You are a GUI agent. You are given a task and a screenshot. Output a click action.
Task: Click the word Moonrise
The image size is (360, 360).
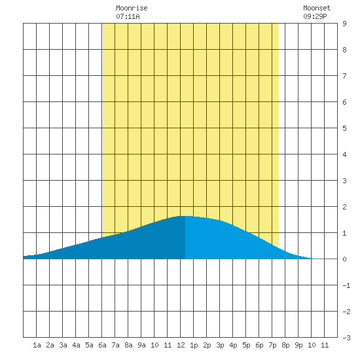[132, 8]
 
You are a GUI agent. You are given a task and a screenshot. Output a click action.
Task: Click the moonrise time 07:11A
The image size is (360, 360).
[128, 16]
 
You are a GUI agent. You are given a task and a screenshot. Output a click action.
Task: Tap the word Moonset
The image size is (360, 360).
[317, 8]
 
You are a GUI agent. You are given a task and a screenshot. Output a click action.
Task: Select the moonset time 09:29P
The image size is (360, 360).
[315, 16]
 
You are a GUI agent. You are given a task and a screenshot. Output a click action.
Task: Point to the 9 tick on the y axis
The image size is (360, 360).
[344, 24]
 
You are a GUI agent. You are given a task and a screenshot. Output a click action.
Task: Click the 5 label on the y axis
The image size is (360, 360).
[344, 128]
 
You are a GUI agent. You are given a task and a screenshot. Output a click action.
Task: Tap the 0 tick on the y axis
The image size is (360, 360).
[344, 259]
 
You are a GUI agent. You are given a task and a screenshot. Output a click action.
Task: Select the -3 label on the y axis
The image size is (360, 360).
[346, 338]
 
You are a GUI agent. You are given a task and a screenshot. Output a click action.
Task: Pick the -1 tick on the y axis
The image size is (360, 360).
[346, 285]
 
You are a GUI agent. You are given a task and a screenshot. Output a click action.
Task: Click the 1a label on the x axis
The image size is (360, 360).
[37, 345]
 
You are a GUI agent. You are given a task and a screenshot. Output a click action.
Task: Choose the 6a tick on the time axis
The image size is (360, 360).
[102, 345]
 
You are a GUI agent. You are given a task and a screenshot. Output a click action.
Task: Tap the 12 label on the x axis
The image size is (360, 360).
[181, 345]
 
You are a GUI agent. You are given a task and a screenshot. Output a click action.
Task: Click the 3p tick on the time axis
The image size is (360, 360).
[220, 345]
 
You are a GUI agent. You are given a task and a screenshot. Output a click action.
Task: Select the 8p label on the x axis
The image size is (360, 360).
[285, 345]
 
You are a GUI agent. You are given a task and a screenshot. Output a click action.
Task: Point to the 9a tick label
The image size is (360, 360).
[141, 345]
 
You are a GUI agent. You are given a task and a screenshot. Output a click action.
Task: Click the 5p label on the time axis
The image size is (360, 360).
[246, 345]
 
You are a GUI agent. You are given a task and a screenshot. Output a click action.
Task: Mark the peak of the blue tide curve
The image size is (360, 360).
[185, 216]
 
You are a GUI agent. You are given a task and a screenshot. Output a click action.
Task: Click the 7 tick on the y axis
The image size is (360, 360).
[344, 76]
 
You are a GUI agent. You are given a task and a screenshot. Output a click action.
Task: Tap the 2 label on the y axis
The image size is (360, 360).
[344, 207]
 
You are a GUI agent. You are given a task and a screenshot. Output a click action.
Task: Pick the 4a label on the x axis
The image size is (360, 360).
[76, 345]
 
